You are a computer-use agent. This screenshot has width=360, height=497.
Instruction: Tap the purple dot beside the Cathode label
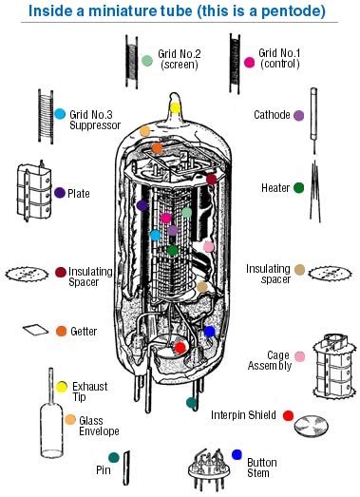[299, 115]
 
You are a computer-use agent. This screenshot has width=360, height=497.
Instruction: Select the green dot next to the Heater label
[299, 188]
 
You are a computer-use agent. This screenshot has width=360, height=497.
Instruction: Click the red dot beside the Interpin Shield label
[289, 416]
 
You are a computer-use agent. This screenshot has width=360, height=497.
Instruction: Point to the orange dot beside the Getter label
[61, 331]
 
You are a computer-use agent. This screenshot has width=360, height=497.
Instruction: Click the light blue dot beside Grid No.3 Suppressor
[60, 114]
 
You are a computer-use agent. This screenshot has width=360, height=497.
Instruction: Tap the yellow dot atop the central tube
[175, 106]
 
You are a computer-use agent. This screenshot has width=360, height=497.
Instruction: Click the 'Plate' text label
[79, 193]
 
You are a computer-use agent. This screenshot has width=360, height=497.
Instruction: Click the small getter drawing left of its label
[33, 330]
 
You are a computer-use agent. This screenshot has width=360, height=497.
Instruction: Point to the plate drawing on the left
[31, 194]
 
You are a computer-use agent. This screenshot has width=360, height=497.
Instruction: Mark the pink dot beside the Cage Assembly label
[299, 357]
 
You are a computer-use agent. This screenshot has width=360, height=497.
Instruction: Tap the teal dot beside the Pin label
[114, 458]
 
